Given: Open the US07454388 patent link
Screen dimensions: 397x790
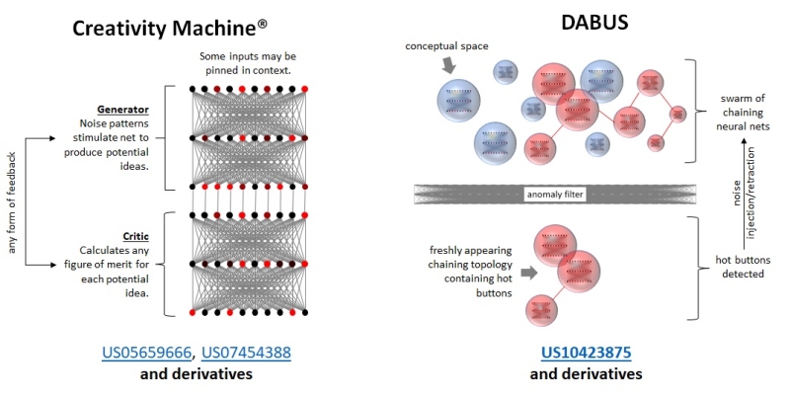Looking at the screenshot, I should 247,353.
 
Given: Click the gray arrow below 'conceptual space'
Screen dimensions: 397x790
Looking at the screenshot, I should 447,65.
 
